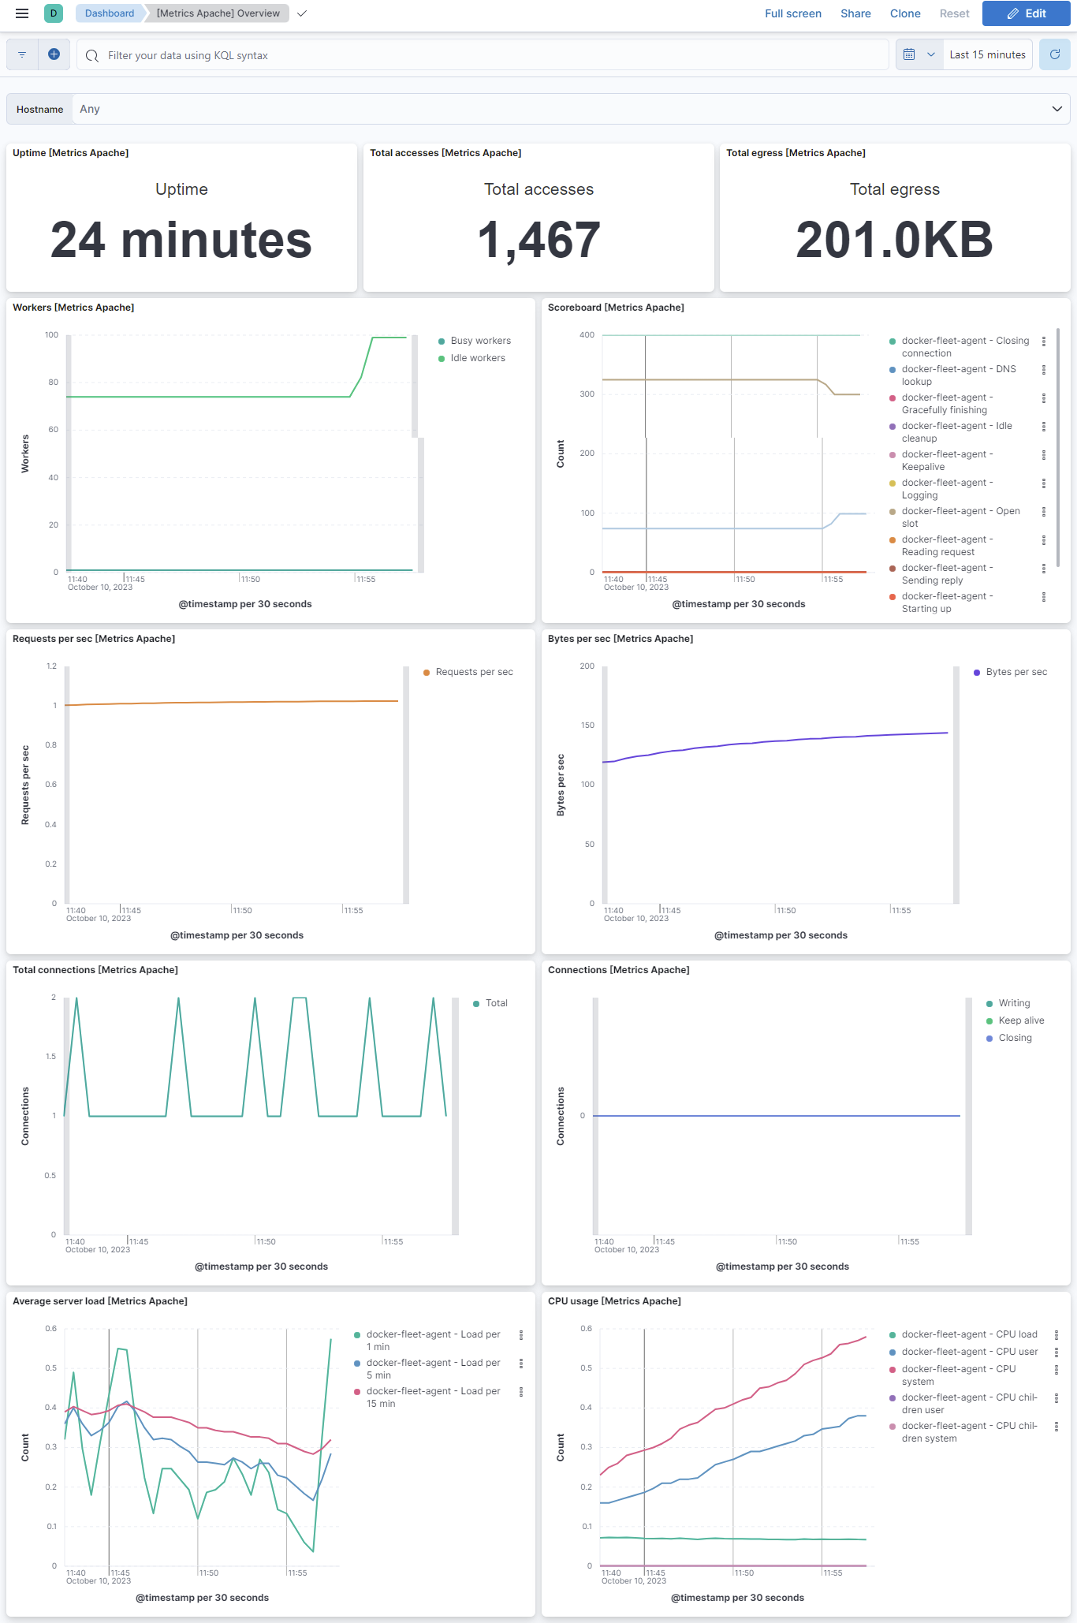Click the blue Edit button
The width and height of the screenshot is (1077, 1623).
[1026, 13]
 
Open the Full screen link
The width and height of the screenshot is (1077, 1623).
[792, 13]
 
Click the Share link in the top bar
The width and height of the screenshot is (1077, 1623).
[855, 13]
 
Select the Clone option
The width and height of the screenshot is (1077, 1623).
[904, 13]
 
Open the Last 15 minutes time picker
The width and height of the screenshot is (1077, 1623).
[986, 55]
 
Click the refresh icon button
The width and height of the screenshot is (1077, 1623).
[1054, 55]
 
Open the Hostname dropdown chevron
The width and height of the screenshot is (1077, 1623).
[1057, 109]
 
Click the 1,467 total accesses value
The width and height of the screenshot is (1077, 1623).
[538, 240]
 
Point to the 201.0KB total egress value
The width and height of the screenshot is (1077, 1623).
[894, 240]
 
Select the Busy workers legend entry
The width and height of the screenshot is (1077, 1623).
[480, 341]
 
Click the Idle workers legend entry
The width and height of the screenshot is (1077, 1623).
[477, 358]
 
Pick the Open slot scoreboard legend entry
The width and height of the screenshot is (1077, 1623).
[960, 517]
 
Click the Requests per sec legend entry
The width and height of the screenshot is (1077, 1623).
[473, 672]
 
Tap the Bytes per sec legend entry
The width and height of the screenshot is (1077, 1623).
[1016, 672]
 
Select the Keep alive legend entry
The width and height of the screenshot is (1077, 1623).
[1020, 1020]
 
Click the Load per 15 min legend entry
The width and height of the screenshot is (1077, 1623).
[432, 1397]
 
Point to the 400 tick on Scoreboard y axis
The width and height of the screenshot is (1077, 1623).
[587, 335]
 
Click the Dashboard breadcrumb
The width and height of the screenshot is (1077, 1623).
[110, 13]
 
